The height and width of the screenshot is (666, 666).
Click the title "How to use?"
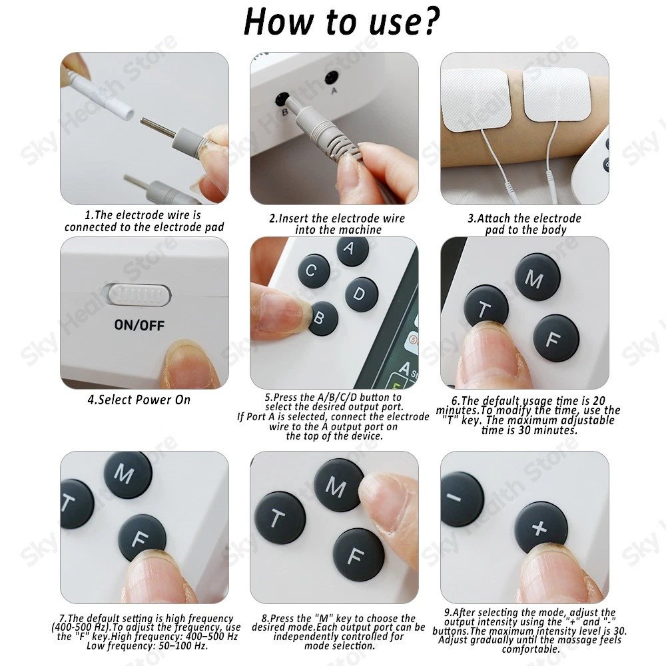click(x=342, y=22)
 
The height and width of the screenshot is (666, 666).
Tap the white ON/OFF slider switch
click(x=140, y=294)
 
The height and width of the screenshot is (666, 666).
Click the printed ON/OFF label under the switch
click(x=139, y=326)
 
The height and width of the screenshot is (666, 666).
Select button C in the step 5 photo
click(x=314, y=271)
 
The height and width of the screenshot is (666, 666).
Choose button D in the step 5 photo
click(x=362, y=294)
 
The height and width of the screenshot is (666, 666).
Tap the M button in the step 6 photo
click(x=537, y=277)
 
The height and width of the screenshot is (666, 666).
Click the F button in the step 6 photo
click(x=556, y=338)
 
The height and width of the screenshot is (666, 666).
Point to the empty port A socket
click(x=331, y=78)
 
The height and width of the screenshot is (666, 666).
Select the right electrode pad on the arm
click(x=555, y=94)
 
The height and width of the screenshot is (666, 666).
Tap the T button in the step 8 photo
click(x=280, y=517)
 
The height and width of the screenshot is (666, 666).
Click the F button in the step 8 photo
click(x=358, y=555)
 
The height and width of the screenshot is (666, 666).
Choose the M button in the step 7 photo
click(x=128, y=474)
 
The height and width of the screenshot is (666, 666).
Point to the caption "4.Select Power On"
click(x=139, y=400)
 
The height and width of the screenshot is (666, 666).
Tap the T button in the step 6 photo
click(x=486, y=306)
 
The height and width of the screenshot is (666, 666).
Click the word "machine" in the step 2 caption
click(x=362, y=230)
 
